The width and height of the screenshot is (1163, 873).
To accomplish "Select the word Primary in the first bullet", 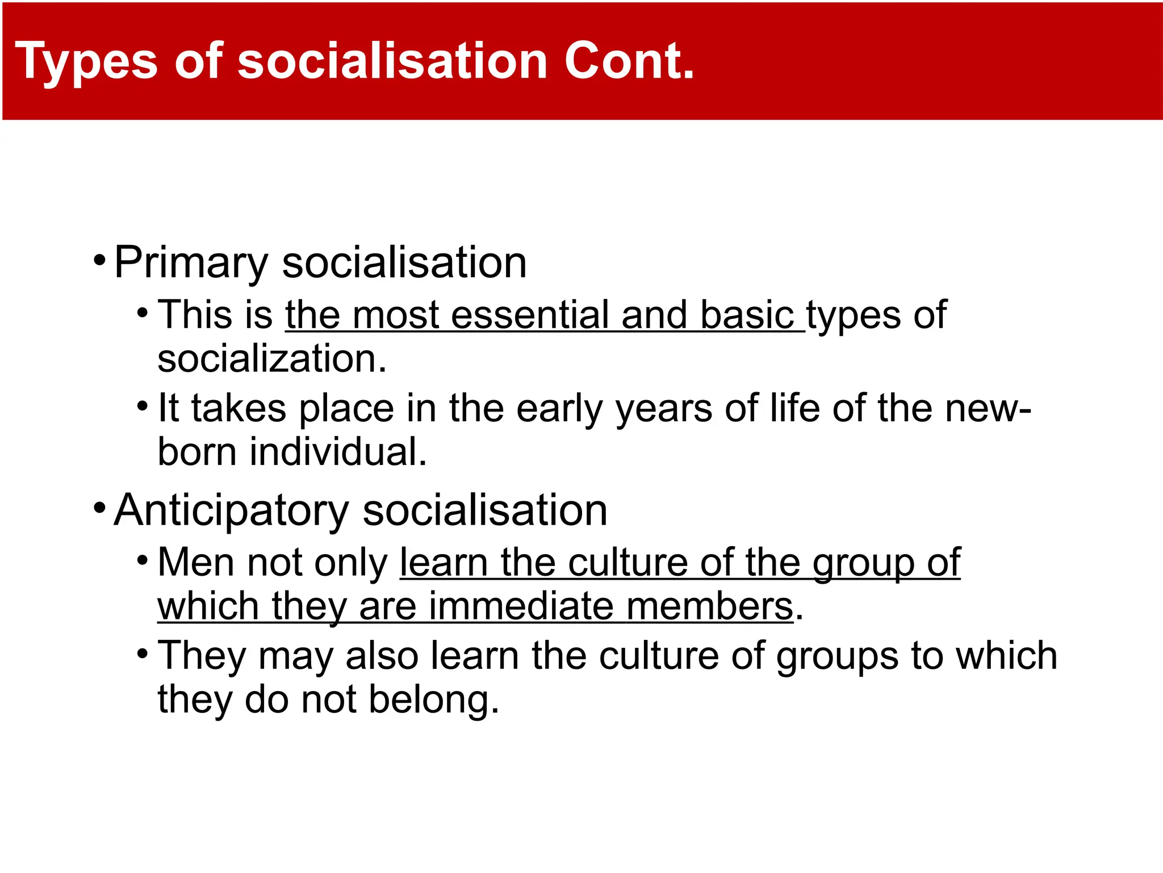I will click(191, 263).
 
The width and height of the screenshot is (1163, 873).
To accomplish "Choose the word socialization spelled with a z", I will click(271, 359).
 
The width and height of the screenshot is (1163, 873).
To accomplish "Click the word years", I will click(664, 409).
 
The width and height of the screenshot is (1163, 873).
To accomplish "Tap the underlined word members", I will click(709, 606).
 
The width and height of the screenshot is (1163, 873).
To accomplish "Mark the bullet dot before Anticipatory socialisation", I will click(100, 508).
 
